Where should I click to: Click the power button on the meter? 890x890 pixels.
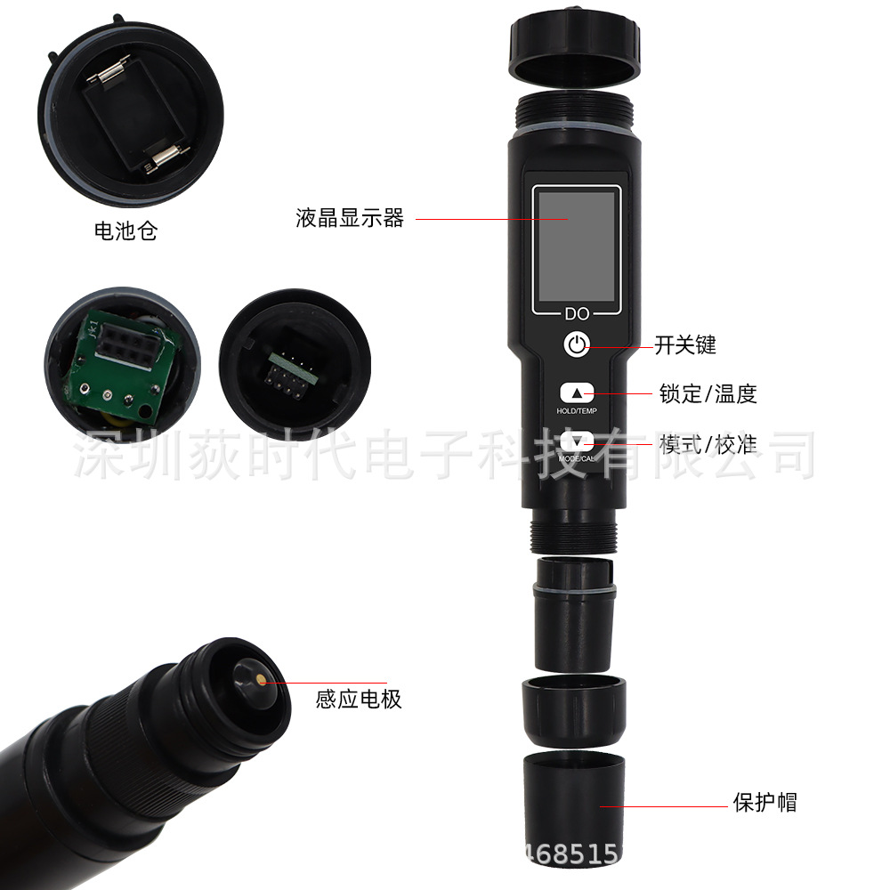coord(577,344)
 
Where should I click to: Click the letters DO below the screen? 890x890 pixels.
coord(576,313)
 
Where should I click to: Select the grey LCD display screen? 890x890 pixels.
coord(576,246)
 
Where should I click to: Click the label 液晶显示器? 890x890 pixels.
coord(350,218)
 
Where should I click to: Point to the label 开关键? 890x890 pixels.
coord(685,345)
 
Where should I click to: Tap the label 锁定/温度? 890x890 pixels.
coord(708,393)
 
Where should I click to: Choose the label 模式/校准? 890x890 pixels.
coord(708,443)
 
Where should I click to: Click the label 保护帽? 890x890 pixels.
coord(765,802)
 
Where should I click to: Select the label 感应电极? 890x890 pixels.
coord(359,699)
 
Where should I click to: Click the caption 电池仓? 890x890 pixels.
coord(125,232)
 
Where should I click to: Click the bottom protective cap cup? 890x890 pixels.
coord(575,801)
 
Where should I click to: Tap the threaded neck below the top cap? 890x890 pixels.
coord(574,108)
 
